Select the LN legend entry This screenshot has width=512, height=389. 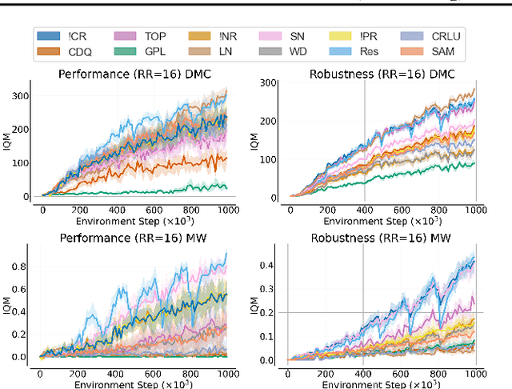pyautogui.click(x=222, y=52)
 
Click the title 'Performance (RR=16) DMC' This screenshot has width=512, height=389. pyautogui.click(x=130, y=74)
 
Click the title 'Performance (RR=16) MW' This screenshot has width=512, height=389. pyautogui.click(x=130, y=239)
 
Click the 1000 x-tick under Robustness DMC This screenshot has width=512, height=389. pyautogui.click(x=476, y=210)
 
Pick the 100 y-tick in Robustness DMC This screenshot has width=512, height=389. pyautogui.click(x=276, y=158)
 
